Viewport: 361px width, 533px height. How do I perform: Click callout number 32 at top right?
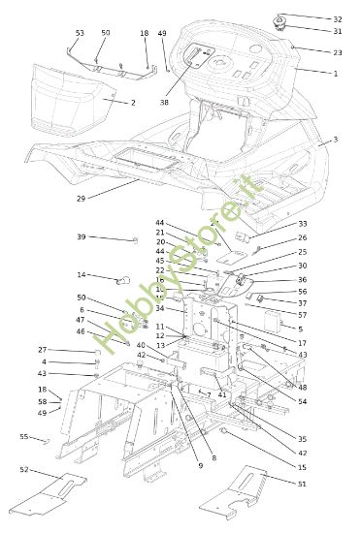(337, 19)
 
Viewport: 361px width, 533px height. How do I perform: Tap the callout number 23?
(337, 52)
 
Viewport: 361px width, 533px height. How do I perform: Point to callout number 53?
(80, 33)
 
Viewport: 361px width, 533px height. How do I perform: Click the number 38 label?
(165, 102)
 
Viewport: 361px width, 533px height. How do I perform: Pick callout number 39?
(82, 237)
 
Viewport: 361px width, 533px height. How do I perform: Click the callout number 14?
(82, 275)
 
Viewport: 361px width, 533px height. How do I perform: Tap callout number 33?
(302, 224)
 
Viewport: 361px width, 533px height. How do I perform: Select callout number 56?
(302, 291)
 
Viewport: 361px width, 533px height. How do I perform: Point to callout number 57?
(302, 315)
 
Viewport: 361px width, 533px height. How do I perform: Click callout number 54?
(302, 401)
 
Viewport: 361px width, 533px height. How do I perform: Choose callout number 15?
(302, 468)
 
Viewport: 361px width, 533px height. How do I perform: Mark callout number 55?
(24, 437)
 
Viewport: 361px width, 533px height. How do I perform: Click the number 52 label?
(24, 469)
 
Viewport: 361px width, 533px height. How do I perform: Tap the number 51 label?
(302, 484)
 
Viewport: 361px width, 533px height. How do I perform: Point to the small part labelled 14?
(122, 281)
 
